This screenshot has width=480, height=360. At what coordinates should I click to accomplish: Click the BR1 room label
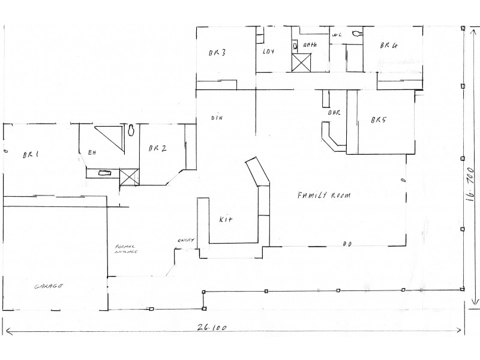31,155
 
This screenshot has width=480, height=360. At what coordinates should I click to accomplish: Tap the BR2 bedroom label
157,148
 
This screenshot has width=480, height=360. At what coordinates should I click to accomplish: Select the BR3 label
217,53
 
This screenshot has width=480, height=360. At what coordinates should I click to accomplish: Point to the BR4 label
388,46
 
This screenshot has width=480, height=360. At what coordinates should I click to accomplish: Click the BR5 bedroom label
378,120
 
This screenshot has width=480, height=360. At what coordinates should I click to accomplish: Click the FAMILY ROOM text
324,196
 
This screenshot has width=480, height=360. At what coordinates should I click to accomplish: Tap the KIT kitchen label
226,220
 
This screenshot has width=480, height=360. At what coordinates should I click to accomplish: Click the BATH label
310,44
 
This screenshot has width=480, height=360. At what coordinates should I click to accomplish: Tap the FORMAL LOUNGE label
127,250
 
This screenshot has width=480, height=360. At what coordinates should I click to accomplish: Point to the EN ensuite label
92,152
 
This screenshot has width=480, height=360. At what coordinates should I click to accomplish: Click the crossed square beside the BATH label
300,61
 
